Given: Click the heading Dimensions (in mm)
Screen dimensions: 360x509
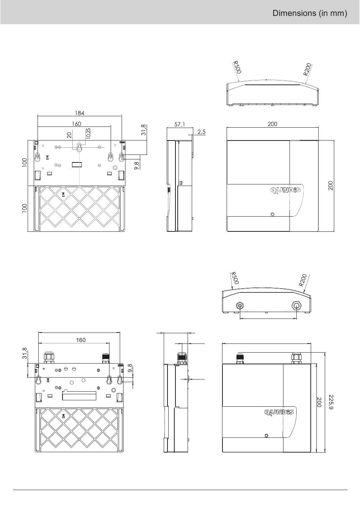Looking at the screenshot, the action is [310, 13].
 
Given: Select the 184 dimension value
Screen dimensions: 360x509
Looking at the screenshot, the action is [80, 113].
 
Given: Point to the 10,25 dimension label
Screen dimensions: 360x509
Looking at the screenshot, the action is [88, 133].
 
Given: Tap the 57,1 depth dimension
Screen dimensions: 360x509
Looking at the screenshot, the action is [180, 124].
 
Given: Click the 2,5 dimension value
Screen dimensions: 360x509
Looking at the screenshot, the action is [202, 131].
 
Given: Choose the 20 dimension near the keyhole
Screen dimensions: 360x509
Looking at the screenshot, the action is [69, 135].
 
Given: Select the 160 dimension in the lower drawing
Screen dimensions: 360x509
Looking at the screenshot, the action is [81, 340].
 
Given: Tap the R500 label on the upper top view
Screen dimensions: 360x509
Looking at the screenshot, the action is [237, 67].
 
